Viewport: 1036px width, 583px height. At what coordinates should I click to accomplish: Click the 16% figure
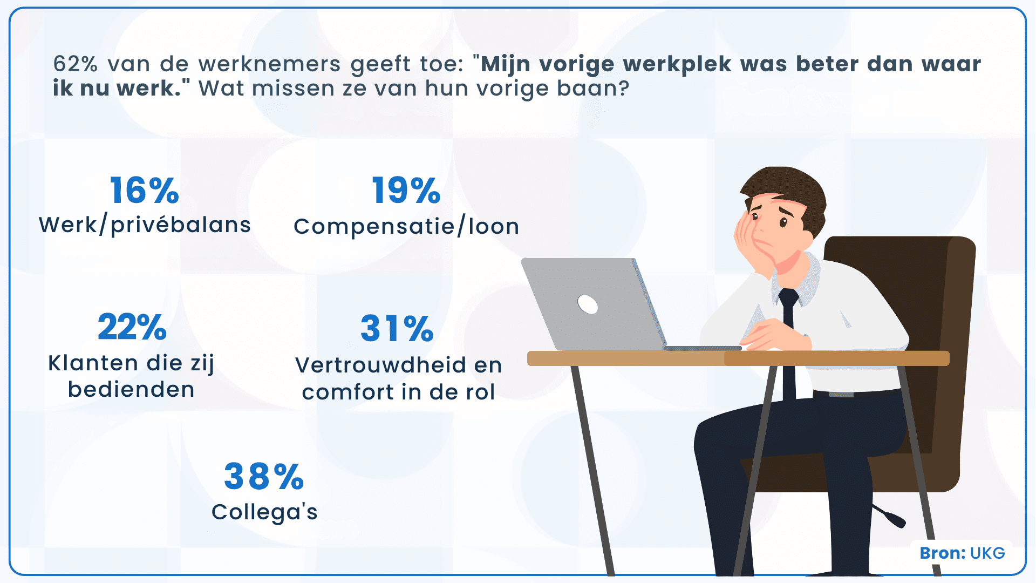pos(144,191)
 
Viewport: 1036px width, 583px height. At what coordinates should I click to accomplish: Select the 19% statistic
pos(406,191)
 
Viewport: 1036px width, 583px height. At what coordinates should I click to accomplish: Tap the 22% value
pos(132,327)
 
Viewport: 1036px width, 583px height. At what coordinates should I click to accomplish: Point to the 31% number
pos(397,329)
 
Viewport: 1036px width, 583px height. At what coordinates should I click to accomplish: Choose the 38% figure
pos(264,477)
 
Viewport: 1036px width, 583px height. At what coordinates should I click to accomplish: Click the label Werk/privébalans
pos(145,225)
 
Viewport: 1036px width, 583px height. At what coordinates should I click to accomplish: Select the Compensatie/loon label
pos(406,227)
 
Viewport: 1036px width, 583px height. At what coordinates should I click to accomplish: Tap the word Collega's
pos(264,512)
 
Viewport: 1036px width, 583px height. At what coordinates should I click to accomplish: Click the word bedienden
pos(131,390)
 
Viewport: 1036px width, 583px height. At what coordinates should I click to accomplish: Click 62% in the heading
pos(75,64)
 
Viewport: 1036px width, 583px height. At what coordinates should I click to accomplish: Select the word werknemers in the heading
pos(269,64)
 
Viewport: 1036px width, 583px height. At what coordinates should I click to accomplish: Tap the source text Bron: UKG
pos(962,553)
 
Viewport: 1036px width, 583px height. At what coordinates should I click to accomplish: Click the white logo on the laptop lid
pos(588,304)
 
